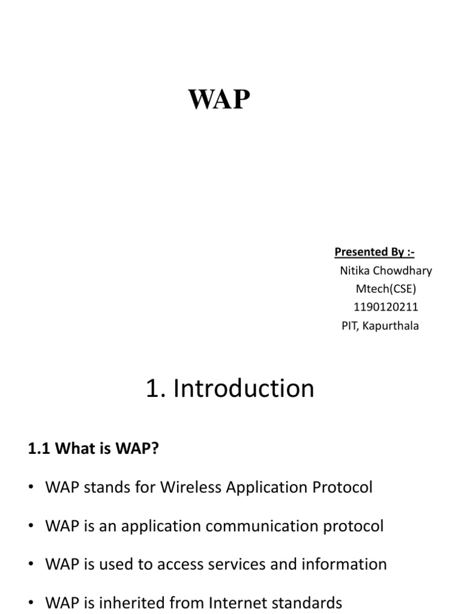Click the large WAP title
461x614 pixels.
tap(219, 100)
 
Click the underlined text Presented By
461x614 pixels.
tap(374, 252)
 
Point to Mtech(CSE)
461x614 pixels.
tap(386, 289)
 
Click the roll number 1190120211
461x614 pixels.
tap(386, 308)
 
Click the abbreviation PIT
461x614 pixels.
tap(349, 326)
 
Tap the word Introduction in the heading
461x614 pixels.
tap(243, 389)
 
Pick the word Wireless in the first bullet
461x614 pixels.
tap(191, 487)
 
